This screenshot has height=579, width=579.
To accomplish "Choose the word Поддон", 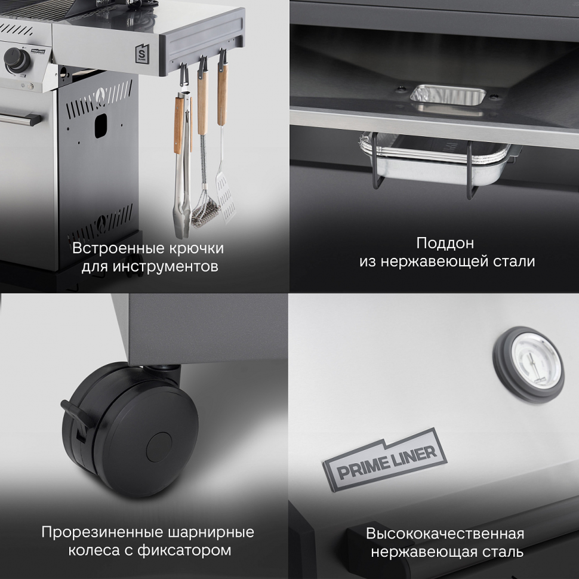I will click(x=445, y=243).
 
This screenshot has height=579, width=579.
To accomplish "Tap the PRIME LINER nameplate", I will click(x=385, y=459).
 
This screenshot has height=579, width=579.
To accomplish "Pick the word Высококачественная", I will click(x=445, y=534).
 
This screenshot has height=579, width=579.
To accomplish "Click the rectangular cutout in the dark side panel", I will click(x=101, y=125).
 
